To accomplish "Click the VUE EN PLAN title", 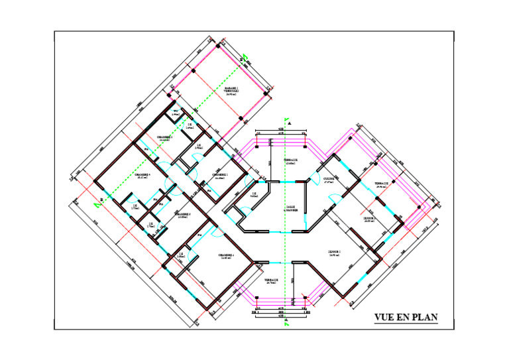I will pos(406,317).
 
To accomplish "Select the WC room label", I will pos(176,113).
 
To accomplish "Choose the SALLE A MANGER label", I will pos(291,210).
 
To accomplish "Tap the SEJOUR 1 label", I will pos(334,253).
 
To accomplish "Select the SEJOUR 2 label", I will pos(370,219).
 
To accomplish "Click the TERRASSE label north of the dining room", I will pos(291,161).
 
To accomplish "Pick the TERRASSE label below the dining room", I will pos(271,281).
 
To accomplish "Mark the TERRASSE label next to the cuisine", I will pos(381,185).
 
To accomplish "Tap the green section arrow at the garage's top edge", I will pos(245,58).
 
